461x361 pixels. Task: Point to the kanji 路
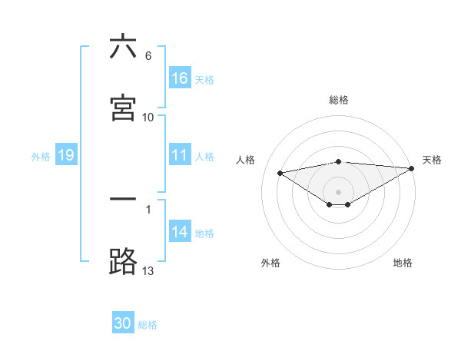tap(123, 261)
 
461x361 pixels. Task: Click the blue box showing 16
tap(180, 78)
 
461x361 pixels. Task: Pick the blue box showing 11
tap(180, 155)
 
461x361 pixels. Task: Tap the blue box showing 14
tap(180, 232)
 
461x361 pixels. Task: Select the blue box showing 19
tap(66, 155)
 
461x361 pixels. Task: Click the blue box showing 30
tap(123, 323)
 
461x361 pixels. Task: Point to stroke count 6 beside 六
tap(148, 56)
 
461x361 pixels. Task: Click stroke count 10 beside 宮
tap(148, 118)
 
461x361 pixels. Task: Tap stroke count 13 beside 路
tap(148, 270)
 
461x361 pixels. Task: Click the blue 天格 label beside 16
tap(204, 79)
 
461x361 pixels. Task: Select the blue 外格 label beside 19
tap(41, 156)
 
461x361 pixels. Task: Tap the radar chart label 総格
tap(338, 100)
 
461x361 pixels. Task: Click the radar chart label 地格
tap(403, 263)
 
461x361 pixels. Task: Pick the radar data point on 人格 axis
tap(280, 172)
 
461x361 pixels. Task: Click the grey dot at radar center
tap(338, 191)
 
